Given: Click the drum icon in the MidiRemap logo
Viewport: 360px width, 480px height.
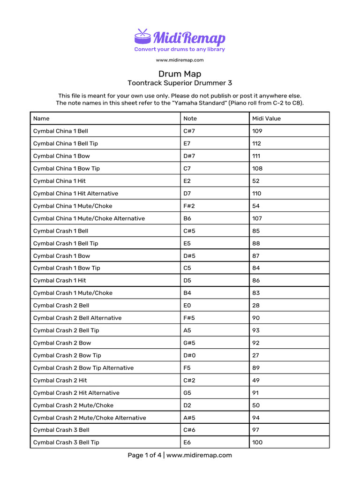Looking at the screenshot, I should pos(143,37).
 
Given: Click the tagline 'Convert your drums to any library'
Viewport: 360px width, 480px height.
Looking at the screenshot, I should pos(180,49).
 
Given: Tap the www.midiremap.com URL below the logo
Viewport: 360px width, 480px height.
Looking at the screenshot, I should pos(180,60).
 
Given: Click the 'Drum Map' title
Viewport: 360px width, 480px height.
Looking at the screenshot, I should pos(180,74).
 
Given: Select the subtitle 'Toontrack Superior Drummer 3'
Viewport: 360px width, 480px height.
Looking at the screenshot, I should pos(180,83).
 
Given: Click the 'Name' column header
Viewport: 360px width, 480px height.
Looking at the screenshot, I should pos(41,119).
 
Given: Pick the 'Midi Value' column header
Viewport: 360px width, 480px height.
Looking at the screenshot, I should pos(266,119).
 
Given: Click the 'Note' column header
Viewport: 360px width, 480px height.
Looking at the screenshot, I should pos(190,119).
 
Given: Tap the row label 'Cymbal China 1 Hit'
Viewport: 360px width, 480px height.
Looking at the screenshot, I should pos(60,181).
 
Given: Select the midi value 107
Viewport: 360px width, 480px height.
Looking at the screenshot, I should pos(257,218).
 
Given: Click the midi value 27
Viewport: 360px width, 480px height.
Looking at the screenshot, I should pos(255,355).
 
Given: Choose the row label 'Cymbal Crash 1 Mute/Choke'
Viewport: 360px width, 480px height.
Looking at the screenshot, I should pos(73,293).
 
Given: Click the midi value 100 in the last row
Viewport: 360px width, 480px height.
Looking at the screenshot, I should pos(257,442).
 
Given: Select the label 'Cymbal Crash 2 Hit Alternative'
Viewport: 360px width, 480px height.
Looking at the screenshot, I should pos(76,393).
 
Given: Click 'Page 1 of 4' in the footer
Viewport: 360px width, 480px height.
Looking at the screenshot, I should pos(144,455).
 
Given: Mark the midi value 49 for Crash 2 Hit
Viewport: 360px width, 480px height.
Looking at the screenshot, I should pos(255,381).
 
